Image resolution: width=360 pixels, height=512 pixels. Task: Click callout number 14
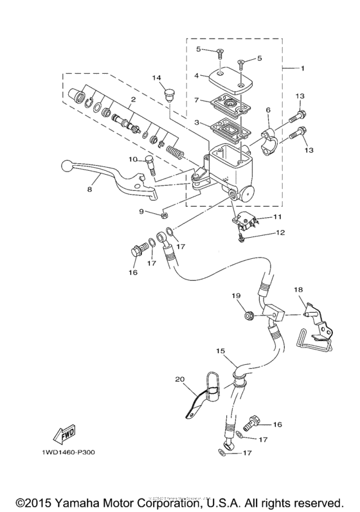[156, 78]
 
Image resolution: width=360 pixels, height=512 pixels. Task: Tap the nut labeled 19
[249, 315]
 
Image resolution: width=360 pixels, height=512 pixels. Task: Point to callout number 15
[221, 351]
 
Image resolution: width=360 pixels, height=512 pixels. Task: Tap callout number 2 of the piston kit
[132, 100]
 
